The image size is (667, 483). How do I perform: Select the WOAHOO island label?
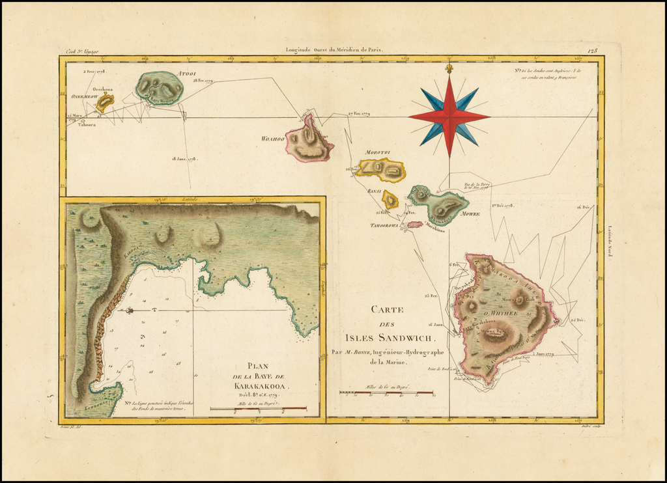(x=273, y=139)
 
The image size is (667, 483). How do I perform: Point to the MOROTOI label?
(x=377, y=152)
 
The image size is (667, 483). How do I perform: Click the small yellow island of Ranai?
(x=390, y=199)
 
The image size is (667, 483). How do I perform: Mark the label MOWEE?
(x=470, y=214)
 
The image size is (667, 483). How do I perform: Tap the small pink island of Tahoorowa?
(x=415, y=225)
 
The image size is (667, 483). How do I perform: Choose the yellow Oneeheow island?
(x=104, y=102)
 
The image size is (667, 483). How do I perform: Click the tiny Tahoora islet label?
(x=87, y=124)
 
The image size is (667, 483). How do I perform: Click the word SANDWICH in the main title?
(x=399, y=337)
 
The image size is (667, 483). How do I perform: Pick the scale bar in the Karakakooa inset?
(x=258, y=409)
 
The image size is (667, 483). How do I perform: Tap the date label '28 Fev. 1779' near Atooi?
(x=205, y=81)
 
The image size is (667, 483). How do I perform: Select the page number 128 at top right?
(x=592, y=49)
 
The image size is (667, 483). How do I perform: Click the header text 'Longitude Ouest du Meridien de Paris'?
(x=335, y=49)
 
